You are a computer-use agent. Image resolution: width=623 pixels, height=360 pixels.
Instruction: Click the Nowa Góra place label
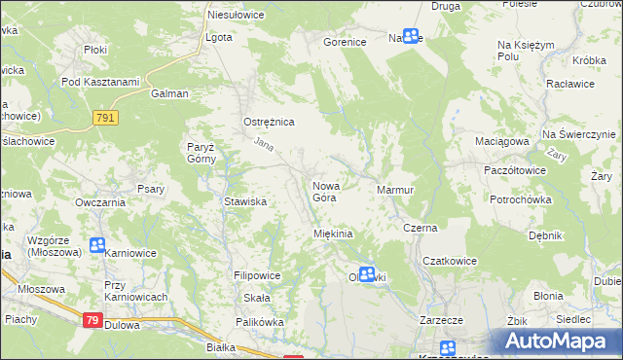(324, 191)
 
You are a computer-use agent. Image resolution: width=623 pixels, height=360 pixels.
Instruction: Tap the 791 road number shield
(106, 118)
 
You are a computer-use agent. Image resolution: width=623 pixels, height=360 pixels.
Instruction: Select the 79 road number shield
(92, 320)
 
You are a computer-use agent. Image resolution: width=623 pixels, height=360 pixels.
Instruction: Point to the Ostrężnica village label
(268, 122)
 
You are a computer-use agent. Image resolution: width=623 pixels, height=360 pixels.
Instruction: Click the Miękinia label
(332, 234)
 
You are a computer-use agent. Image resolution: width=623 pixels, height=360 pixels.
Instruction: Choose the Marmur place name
(395, 190)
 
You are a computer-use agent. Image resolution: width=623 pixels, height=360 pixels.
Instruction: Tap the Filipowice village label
(257, 275)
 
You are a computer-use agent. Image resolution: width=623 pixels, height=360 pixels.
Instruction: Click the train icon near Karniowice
(96, 245)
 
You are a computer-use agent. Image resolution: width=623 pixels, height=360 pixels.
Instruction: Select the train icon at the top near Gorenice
(411, 36)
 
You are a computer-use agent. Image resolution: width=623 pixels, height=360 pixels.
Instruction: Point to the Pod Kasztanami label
(100, 82)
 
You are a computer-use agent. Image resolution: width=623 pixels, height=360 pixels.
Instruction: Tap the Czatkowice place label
(449, 261)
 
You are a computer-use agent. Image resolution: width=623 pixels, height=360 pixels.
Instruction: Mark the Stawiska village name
(245, 201)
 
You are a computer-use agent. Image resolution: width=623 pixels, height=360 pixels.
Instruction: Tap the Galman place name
(168, 94)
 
